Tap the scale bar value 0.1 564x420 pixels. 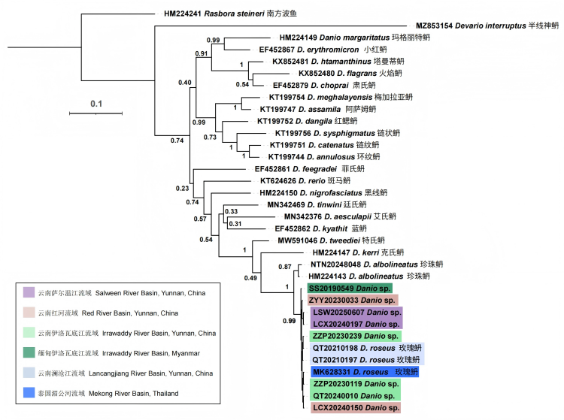click(96, 103)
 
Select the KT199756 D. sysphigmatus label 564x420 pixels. click(319, 133)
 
